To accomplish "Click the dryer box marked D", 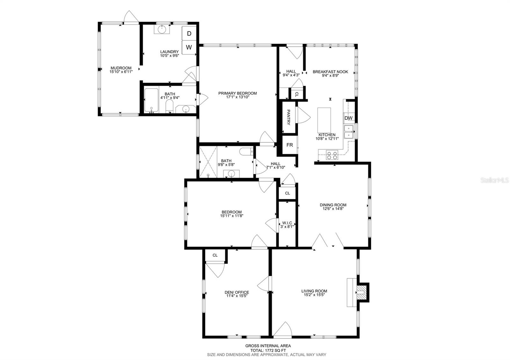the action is pyautogui.click(x=189, y=33).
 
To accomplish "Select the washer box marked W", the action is pyautogui.click(x=189, y=47).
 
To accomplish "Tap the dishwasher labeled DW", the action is pyautogui.click(x=349, y=118).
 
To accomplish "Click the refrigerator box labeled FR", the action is pyautogui.click(x=290, y=145).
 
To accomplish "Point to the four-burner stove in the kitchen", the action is pyautogui.click(x=332, y=155).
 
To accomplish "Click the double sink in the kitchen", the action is pyautogui.click(x=349, y=132).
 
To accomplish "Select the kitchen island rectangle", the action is pyautogui.click(x=324, y=120).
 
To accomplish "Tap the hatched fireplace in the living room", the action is pyautogui.click(x=360, y=292).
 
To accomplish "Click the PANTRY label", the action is pyautogui.click(x=288, y=117).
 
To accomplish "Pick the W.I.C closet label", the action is pyautogui.click(x=287, y=223).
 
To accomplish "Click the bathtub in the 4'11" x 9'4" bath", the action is pyautogui.click(x=151, y=100).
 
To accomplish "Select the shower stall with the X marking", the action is pyautogui.click(x=208, y=162).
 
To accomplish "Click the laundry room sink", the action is pyautogui.click(x=162, y=29).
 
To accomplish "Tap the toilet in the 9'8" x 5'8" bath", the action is pyautogui.click(x=246, y=151).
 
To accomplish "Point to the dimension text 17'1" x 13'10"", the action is pyautogui.click(x=237, y=97).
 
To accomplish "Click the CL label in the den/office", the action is pyautogui.click(x=215, y=255).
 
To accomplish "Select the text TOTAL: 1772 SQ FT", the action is pyautogui.click(x=268, y=350).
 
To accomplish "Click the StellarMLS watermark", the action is pyautogui.click(x=494, y=180).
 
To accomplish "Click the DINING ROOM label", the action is pyautogui.click(x=333, y=205).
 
